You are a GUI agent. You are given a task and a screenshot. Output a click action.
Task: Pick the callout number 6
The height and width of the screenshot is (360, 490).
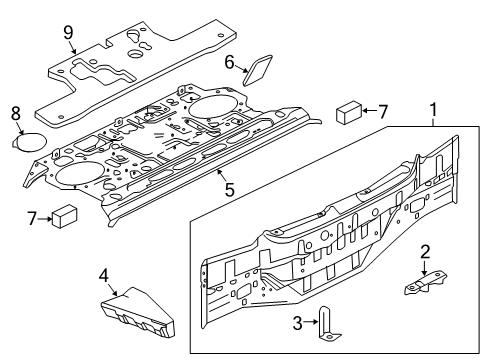coord(229,63)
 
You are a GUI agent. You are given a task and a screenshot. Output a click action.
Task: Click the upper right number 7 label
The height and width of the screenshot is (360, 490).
coord(384,111)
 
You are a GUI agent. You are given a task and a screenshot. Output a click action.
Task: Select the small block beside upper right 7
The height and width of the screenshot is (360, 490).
coord(349,110)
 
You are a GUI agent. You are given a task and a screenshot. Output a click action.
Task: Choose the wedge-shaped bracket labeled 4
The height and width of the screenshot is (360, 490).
coord(142,307)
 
